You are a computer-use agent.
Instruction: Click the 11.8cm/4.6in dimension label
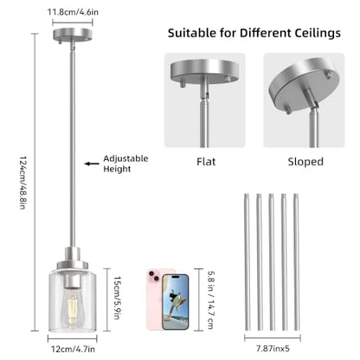(73, 12)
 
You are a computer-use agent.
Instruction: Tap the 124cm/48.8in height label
(23, 183)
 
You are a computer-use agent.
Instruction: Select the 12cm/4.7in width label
(73, 349)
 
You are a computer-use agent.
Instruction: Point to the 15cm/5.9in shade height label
(117, 298)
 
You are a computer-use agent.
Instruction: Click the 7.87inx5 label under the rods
(273, 349)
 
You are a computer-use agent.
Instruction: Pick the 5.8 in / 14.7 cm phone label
(211, 300)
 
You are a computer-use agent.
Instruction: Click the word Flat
(206, 162)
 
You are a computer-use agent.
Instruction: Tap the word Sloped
(305, 162)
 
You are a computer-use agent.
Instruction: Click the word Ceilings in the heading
(318, 33)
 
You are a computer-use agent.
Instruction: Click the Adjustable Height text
(125, 164)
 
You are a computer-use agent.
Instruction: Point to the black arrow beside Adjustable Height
(92, 164)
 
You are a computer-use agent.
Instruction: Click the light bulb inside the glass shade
(73, 308)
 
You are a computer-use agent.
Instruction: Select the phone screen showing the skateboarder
(176, 302)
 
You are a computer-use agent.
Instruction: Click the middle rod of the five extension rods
(272, 262)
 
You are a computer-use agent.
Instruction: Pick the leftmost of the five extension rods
(247, 262)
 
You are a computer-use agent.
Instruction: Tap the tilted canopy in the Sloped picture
(303, 84)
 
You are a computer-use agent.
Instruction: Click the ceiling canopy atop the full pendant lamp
(73, 35)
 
